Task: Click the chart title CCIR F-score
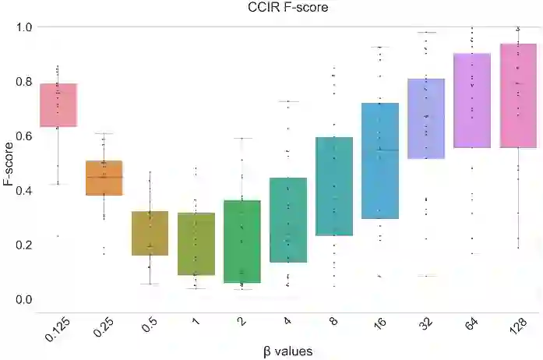click(271, 9)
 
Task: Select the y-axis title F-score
click(9, 162)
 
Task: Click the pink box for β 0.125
click(58, 104)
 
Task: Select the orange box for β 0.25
click(104, 178)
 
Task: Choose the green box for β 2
click(242, 241)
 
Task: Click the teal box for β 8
click(333, 186)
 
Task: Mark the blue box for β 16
click(379, 161)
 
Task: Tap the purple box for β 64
click(471, 100)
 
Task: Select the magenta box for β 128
click(517, 95)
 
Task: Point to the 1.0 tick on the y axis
click(24, 27)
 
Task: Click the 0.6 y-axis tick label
click(24, 136)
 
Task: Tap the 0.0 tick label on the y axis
click(24, 299)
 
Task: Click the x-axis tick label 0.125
click(54, 326)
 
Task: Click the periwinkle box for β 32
click(425, 118)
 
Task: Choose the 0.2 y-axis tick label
click(24, 245)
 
